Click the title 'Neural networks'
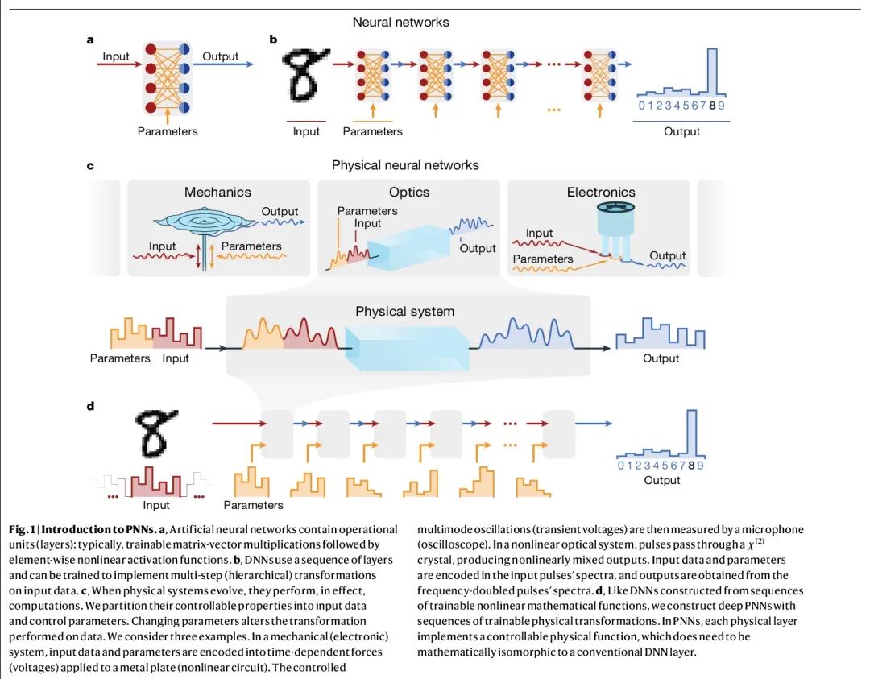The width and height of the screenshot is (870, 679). tap(400, 22)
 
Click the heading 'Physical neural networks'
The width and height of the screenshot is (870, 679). tap(405, 165)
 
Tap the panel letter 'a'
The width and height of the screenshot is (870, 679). tap(91, 39)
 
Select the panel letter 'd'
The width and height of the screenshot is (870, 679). tap(90, 406)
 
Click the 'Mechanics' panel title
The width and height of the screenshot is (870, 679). tap(217, 192)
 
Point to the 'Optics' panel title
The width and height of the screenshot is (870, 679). tap(409, 192)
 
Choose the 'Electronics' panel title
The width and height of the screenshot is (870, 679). tap(601, 192)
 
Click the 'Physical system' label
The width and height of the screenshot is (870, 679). tap(404, 311)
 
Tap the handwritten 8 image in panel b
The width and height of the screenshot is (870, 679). tap(307, 77)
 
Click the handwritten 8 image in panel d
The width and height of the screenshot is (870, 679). tap(154, 433)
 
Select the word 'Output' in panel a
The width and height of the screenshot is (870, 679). tap(220, 56)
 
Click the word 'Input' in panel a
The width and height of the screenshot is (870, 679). tap(116, 56)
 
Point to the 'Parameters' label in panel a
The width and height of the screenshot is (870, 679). tap(167, 130)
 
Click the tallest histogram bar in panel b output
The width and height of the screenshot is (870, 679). tap(711, 73)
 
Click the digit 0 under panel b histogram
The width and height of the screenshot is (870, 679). tap(641, 106)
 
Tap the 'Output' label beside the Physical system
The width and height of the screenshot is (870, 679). tap(661, 358)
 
